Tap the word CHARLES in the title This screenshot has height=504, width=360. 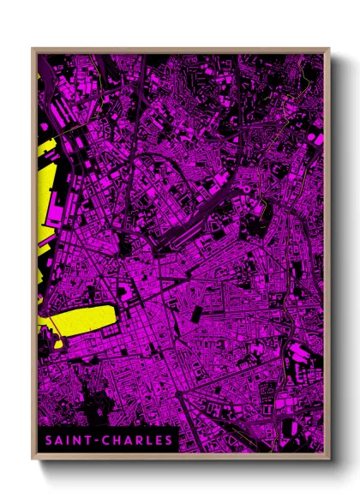click(x=138, y=441)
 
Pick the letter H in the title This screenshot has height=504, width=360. click(x=118, y=441)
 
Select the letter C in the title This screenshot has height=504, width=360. click(x=108, y=441)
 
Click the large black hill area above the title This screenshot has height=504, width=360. click(x=86, y=403)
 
